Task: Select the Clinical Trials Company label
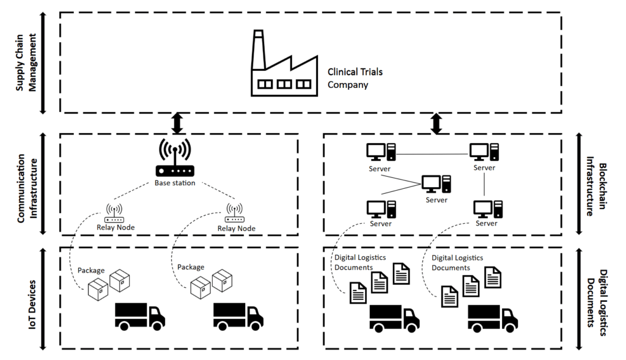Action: click(355, 78)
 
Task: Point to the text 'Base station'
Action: click(175, 183)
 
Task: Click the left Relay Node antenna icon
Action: click(114, 213)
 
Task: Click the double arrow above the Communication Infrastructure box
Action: click(177, 123)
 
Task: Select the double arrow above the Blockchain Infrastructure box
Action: click(436, 123)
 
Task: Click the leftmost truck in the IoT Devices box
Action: click(140, 315)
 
